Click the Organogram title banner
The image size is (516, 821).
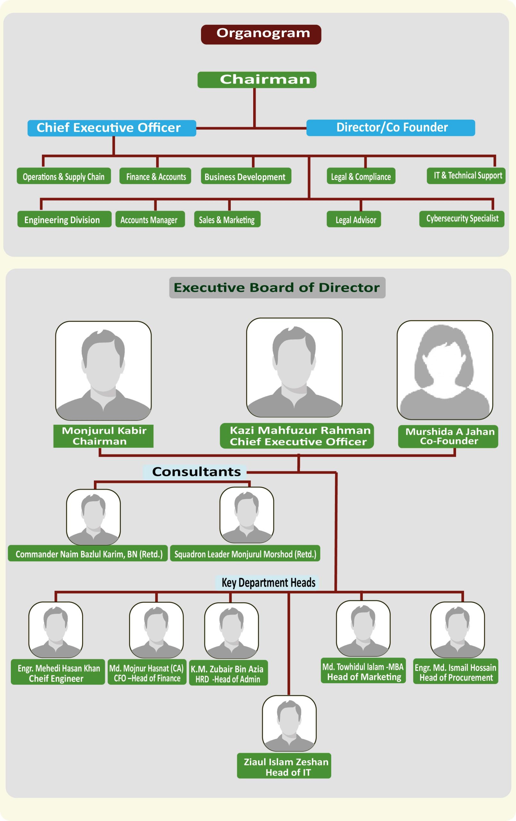(x=261, y=34)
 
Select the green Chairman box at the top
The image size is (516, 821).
(x=257, y=80)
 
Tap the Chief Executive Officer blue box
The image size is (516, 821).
(x=112, y=128)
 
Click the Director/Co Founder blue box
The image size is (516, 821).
(x=390, y=128)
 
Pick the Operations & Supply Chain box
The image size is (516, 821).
(x=64, y=176)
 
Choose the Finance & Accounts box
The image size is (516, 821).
(x=155, y=176)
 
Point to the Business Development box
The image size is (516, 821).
(x=246, y=176)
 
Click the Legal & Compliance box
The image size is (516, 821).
(x=361, y=176)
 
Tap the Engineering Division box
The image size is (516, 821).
(x=64, y=219)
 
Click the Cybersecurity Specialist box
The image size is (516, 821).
(x=462, y=218)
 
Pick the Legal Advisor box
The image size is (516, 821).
(x=354, y=219)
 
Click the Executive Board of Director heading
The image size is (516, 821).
(x=277, y=287)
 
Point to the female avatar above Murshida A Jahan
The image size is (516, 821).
(x=445, y=369)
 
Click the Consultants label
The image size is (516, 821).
(x=195, y=471)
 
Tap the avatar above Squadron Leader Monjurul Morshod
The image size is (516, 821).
(x=246, y=514)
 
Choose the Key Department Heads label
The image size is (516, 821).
(x=268, y=582)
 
